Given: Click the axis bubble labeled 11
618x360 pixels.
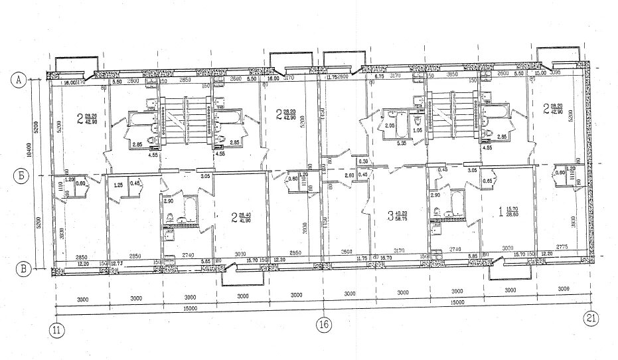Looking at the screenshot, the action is click(56, 329).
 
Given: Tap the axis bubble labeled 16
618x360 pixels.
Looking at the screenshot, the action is click(323, 326).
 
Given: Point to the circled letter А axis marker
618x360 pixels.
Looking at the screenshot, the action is click(19, 80).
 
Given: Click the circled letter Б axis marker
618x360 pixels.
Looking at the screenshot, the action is click(19, 177).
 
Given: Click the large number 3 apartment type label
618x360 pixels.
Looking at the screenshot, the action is click(390, 215).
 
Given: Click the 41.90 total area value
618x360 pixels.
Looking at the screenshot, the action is click(245, 219).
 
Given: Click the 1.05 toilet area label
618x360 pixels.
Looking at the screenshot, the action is click(418, 130).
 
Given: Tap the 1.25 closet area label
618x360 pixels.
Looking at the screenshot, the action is click(117, 184).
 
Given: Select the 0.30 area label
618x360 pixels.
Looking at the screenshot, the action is click(362, 161).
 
